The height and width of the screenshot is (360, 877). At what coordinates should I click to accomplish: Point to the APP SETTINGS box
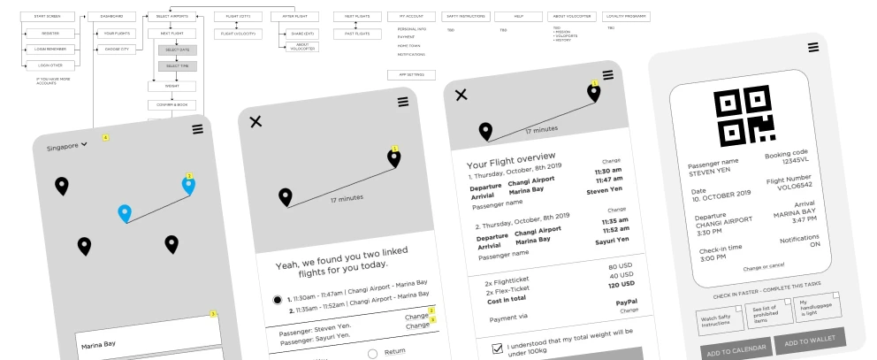(408, 75)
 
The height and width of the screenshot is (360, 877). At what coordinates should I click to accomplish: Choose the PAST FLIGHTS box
(355, 33)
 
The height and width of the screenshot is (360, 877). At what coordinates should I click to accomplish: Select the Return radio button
(371, 354)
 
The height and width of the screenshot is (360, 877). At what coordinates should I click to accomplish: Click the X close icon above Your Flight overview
(461, 95)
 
